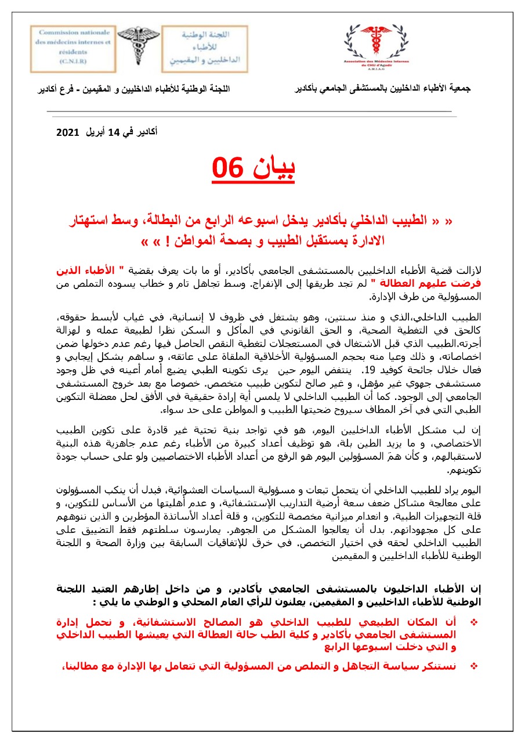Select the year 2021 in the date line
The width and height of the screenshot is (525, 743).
pos(67,132)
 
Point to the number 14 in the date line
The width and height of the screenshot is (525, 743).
pos(114,132)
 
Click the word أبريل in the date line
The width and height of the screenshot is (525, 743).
pos(95,132)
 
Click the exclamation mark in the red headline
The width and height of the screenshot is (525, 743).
pos(174,240)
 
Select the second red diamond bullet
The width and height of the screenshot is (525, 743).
pos(473,666)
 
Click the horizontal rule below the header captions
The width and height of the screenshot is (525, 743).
pos(249,111)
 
